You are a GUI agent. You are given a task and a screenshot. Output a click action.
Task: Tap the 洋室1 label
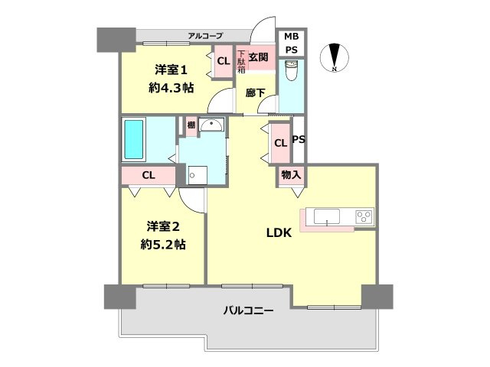(x=170, y=67)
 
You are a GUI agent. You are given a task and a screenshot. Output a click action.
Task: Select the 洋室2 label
(x=163, y=226)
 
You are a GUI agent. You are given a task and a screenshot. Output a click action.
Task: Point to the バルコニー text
(x=249, y=310)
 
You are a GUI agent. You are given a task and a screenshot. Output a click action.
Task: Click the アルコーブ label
(x=205, y=36)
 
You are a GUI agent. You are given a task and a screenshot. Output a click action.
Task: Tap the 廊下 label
(x=256, y=92)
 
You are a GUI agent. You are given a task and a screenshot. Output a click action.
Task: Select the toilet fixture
(x=292, y=73)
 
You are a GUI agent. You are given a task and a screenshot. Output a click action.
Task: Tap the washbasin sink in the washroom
(x=211, y=126)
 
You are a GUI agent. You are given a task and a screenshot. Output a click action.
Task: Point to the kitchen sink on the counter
(x=331, y=216)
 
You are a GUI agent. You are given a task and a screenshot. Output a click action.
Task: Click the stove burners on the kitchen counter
(x=364, y=216)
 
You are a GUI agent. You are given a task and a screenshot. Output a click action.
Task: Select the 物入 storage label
(x=291, y=175)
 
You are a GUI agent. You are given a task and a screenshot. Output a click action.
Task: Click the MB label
(x=292, y=37)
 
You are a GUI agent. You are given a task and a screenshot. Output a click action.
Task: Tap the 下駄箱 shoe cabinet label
(x=240, y=60)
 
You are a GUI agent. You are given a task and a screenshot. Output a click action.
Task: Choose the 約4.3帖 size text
(x=170, y=86)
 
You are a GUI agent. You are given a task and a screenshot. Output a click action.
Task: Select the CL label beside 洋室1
(x=223, y=61)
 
